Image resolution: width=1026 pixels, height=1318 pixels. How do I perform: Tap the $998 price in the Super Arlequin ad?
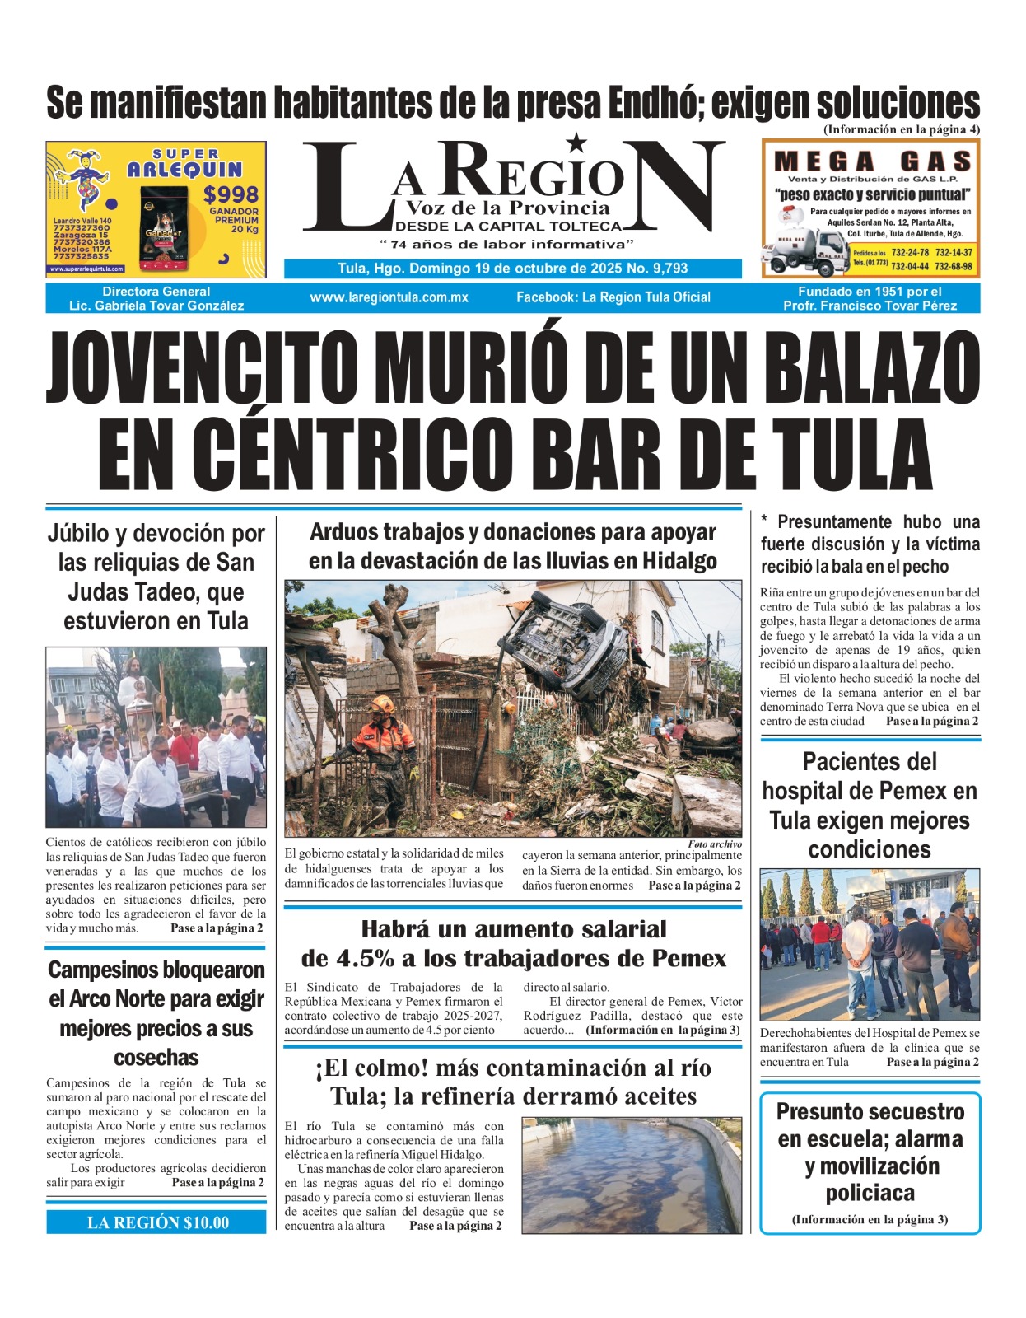click(x=231, y=195)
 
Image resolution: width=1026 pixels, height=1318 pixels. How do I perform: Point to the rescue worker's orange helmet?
click(x=382, y=704)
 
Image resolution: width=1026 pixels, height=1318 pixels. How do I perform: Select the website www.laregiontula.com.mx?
click(x=389, y=297)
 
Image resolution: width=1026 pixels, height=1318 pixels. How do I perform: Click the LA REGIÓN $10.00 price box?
click(x=156, y=1222)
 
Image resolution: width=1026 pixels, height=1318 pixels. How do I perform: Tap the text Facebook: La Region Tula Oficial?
click(x=613, y=297)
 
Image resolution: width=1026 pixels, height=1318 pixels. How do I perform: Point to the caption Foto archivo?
click(x=714, y=844)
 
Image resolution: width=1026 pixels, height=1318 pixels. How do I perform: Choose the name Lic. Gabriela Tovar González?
click(x=156, y=306)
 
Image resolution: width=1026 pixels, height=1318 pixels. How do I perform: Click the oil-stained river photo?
click(x=632, y=1175)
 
